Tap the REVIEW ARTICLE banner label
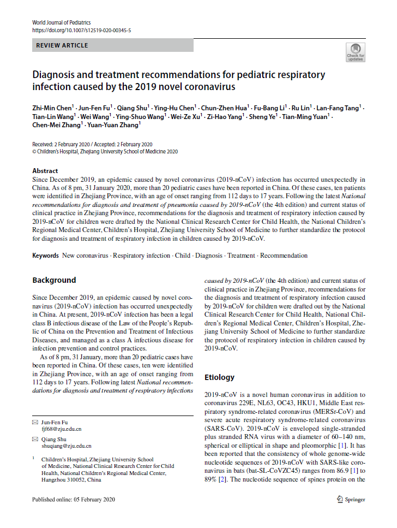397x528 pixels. pos(62,45)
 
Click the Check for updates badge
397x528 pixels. pos(356,52)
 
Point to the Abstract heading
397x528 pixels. pos(45,171)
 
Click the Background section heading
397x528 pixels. pos(54,280)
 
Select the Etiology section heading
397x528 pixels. pos(219,377)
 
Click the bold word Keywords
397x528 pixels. pos(45,256)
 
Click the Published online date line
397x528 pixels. pos(74,499)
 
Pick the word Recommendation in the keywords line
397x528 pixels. pos(284,256)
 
